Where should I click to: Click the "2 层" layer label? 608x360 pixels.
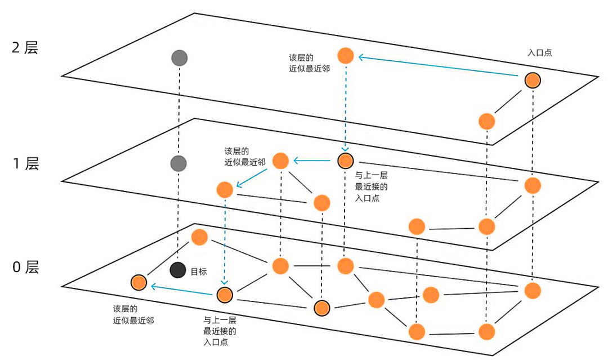point(25,47)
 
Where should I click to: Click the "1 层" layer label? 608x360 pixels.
point(25,164)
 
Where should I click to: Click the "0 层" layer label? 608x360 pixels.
point(25,267)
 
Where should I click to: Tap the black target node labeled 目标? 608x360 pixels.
point(178,270)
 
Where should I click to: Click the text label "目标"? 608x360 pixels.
point(199,272)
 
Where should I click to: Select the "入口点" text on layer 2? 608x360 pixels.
point(539,52)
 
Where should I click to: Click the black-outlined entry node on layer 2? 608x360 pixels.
point(533,80)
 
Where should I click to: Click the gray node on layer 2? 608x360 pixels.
point(179,57)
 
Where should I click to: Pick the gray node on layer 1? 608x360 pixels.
point(178,163)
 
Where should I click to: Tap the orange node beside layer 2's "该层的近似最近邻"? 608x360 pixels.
point(345,56)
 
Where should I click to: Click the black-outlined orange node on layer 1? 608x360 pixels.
point(345,161)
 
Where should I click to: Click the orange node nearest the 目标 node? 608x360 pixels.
point(138,282)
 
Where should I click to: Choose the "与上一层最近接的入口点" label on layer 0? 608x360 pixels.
point(220,330)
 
